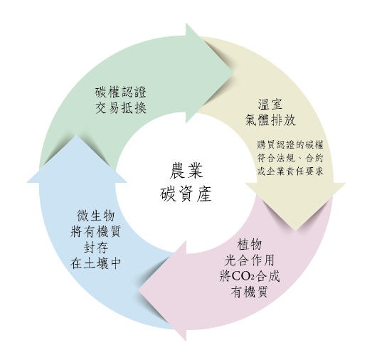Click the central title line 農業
coord(186,171)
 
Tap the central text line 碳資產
coord(186,194)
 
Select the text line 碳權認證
coord(121,92)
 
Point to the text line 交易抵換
coord(121,107)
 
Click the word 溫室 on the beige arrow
coord(270,104)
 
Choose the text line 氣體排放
coord(270,120)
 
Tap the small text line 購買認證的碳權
coord(290,144)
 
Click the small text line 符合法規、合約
coord(290,158)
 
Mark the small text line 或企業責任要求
coord(290,171)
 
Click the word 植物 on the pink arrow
coord(250,245)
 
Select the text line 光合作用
coord(250,260)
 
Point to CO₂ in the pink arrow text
coord(243,276)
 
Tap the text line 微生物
coord(96,216)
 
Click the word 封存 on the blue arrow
coord(96,248)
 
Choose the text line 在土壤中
coord(96,263)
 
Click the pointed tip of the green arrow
coord(233,73)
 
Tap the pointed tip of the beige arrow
coord(295,231)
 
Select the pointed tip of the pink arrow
coord(139,290)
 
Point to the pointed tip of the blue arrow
coord(77,134)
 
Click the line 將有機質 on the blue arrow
coord(96,231)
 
